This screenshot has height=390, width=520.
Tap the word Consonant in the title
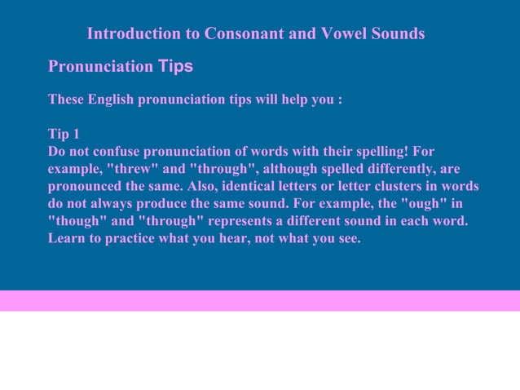click(240, 34)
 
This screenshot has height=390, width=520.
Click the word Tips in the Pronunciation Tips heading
click(175, 66)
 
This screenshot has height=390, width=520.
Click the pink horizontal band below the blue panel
click(260, 300)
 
